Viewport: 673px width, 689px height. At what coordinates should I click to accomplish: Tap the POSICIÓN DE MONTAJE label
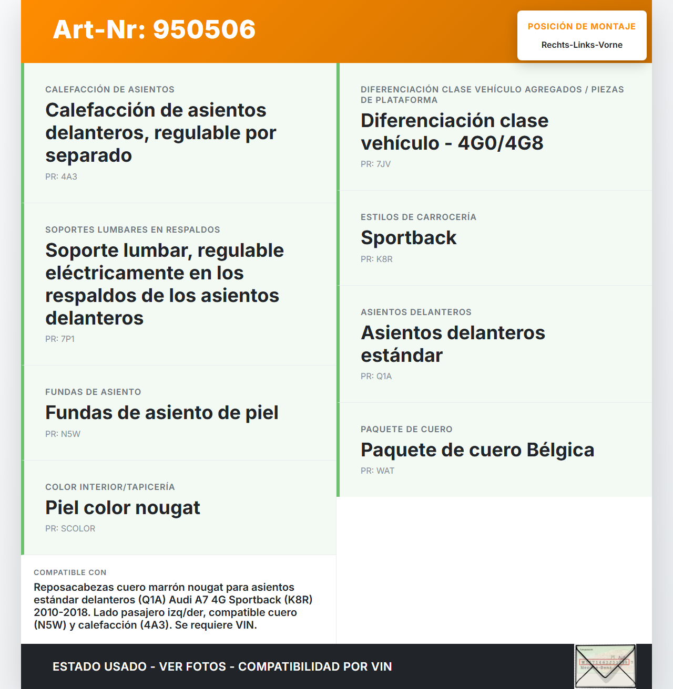click(582, 26)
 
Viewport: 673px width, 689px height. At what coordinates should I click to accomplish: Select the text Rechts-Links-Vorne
click(582, 45)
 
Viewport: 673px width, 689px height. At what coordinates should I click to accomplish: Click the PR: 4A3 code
click(61, 177)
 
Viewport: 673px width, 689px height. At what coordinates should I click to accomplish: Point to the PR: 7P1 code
click(60, 339)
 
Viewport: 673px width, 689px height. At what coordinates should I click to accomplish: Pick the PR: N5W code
click(63, 434)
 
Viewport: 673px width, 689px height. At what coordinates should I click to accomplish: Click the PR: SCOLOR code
click(70, 529)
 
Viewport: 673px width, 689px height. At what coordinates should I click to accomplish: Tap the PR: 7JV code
click(375, 164)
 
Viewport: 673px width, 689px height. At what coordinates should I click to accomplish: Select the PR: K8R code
click(376, 259)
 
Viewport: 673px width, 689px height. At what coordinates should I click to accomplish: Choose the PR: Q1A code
click(376, 377)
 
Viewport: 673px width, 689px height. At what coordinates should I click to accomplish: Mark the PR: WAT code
click(377, 471)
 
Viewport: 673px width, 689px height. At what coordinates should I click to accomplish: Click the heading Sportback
click(409, 238)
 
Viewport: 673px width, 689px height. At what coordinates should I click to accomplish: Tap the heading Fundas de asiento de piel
click(161, 413)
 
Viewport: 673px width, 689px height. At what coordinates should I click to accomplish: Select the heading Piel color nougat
click(123, 508)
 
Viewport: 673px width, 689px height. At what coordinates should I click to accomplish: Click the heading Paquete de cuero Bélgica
click(477, 450)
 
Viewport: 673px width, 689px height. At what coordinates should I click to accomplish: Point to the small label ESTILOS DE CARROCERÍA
click(418, 217)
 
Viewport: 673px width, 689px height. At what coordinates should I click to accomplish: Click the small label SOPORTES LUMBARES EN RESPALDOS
click(132, 230)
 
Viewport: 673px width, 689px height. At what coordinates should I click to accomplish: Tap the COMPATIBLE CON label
click(70, 572)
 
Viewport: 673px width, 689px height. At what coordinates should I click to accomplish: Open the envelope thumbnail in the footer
click(605, 666)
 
